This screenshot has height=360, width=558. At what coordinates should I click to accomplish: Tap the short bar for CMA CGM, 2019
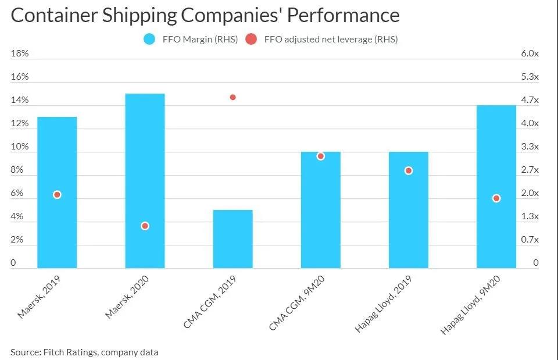[x=233, y=239]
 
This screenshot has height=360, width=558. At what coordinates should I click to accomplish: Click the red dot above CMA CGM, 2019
[x=233, y=97]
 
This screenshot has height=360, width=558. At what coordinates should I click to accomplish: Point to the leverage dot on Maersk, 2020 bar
[x=145, y=226]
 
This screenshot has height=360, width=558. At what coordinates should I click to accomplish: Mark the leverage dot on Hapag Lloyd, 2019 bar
[x=409, y=170]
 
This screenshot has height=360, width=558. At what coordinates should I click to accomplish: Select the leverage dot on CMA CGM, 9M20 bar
[x=320, y=156]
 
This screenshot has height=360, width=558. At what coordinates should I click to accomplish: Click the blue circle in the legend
[x=150, y=40]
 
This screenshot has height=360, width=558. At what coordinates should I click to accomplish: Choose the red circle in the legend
[x=252, y=40]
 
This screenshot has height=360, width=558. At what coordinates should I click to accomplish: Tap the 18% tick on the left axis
[x=20, y=54]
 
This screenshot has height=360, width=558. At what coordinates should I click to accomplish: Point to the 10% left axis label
[x=20, y=147]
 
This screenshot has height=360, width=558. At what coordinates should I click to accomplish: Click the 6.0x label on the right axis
[x=530, y=54]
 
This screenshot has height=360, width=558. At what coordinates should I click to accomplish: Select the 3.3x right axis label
[x=530, y=147]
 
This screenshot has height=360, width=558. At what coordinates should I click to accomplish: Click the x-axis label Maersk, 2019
[x=39, y=297]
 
